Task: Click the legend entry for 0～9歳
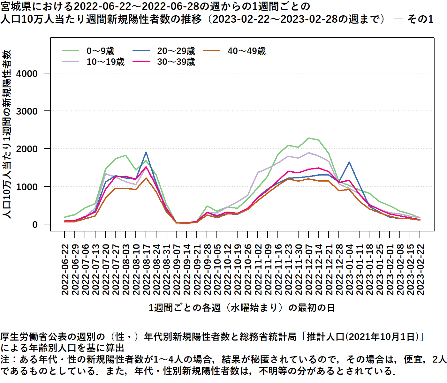pyautogui.click(x=100, y=51)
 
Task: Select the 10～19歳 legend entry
pyautogui.click(x=105, y=62)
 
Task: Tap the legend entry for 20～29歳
pyautogui.click(x=176, y=51)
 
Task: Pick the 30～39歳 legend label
pyautogui.click(x=176, y=62)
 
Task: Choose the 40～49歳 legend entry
pyautogui.click(x=246, y=51)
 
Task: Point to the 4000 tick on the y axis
pyautogui.click(x=27, y=73)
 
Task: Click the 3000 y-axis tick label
pyautogui.click(x=27, y=111)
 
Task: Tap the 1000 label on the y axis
pyautogui.click(x=27, y=187)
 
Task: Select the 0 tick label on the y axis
pyautogui.click(x=35, y=224)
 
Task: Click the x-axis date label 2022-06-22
pyautogui.click(x=65, y=270)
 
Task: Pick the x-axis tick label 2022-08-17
pyautogui.click(x=146, y=270)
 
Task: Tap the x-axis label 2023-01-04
pyautogui.click(x=349, y=270)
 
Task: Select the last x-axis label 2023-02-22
pyautogui.click(x=420, y=270)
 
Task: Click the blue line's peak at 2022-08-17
pyautogui.click(x=146, y=152)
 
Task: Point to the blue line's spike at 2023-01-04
pyautogui.click(x=349, y=162)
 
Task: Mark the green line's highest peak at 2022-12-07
pyautogui.click(x=308, y=138)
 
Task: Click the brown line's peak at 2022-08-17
pyautogui.click(x=146, y=178)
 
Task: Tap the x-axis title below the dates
pyautogui.click(x=242, y=308)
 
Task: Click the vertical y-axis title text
pyautogui.click(x=7, y=134)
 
